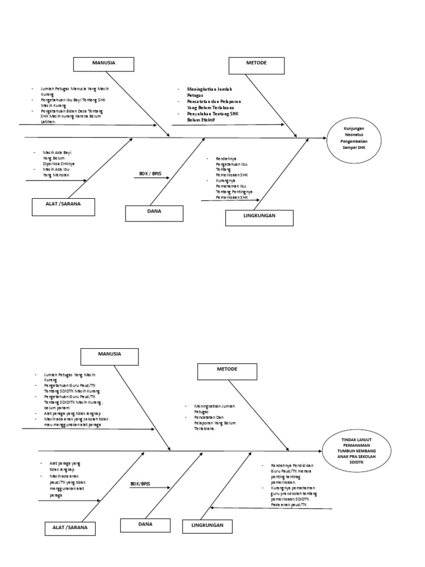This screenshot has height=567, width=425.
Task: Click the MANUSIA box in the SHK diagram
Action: (x=103, y=64)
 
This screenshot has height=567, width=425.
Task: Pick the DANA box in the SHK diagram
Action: (x=154, y=213)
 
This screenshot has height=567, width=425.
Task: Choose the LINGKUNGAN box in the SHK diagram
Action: (x=259, y=218)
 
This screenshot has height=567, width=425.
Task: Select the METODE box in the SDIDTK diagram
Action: (x=227, y=371)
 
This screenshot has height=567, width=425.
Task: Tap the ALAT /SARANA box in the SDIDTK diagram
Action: (x=66, y=528)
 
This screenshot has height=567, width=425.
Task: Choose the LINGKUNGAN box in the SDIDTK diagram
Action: (x=208, y=526)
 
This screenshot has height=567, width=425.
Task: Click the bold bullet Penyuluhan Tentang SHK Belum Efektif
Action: (x=210, y=116)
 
